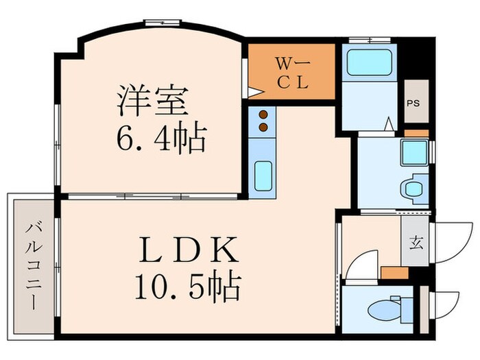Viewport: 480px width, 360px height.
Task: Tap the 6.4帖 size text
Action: (x=160, y=139)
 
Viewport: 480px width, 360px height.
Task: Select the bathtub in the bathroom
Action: (x=369, y=62)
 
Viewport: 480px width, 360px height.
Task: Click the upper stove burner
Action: (x=262, y=115)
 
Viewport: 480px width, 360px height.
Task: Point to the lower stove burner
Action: (x=262, y=127)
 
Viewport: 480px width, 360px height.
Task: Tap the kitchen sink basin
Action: (x=263, y=175)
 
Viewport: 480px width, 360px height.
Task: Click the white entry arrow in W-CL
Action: (x=254, y=91)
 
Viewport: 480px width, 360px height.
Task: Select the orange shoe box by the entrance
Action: (x=394, y=272)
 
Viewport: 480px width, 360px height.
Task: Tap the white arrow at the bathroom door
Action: (x=387, y=125)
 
